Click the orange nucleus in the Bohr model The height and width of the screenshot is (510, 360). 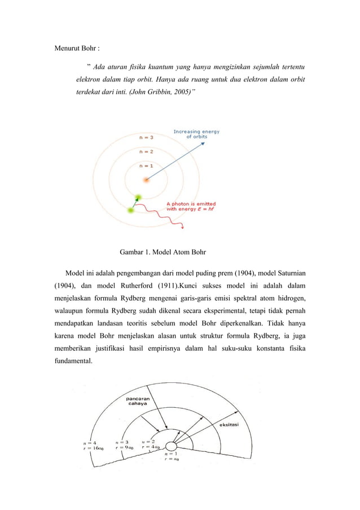(146, 180)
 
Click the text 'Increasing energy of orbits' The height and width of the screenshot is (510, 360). (196, 134)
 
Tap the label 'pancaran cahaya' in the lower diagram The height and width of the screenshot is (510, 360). (137, 400)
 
